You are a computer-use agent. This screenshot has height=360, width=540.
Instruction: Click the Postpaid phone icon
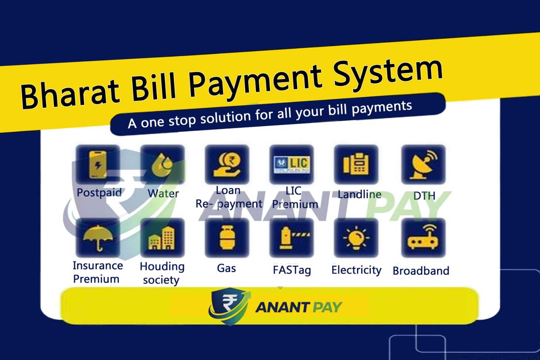(x=98, y=164)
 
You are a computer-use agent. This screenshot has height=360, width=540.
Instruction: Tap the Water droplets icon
(x=162, y=164)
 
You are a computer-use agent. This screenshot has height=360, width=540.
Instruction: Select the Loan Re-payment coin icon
(x=227, y=164)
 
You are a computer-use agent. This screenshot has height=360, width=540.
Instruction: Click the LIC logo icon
(x=292, y=164)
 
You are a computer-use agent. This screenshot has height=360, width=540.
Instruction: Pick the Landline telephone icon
(x=356, y=164)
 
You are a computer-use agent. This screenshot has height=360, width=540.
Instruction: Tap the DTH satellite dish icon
(x=424, y=164)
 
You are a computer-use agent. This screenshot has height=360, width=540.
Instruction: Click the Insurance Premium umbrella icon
(x=98, y=238)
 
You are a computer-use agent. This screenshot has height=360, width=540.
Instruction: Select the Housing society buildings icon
(x=162, y=238)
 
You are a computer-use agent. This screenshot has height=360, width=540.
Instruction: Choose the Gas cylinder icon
(x=227, y=238)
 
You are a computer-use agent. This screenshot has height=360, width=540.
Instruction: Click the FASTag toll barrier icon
(x=292, y=238)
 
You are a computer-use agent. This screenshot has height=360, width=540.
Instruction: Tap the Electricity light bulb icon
(x=356, y=238)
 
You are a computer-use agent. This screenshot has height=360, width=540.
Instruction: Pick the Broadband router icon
(x=424, y=238)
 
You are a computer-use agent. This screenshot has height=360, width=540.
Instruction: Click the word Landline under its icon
(x=359, y=194)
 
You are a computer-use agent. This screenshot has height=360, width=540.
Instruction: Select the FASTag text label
(x=292, y=270)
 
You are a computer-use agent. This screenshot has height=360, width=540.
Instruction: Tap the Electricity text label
(x=356, y=270)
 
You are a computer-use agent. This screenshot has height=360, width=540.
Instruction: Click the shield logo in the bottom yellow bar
(x=230, y=306)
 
